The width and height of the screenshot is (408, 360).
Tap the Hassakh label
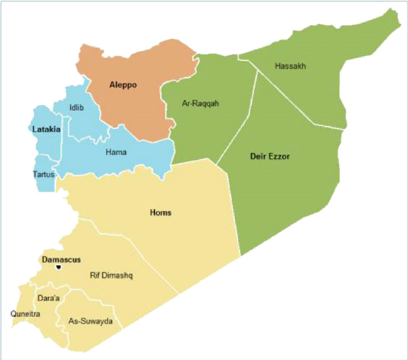point(291,66)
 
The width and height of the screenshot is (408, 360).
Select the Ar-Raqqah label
point(200,104)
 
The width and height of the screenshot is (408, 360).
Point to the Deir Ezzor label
point(270,157)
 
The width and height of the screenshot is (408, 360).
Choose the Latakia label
point(46,129)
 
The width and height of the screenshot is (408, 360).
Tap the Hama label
point(116,153)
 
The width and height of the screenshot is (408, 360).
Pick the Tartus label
point(44,174)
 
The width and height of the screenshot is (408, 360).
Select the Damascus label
point(61,260)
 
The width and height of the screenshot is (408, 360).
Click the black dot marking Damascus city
point(59,268)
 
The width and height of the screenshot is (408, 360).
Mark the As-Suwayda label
point(91,322)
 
